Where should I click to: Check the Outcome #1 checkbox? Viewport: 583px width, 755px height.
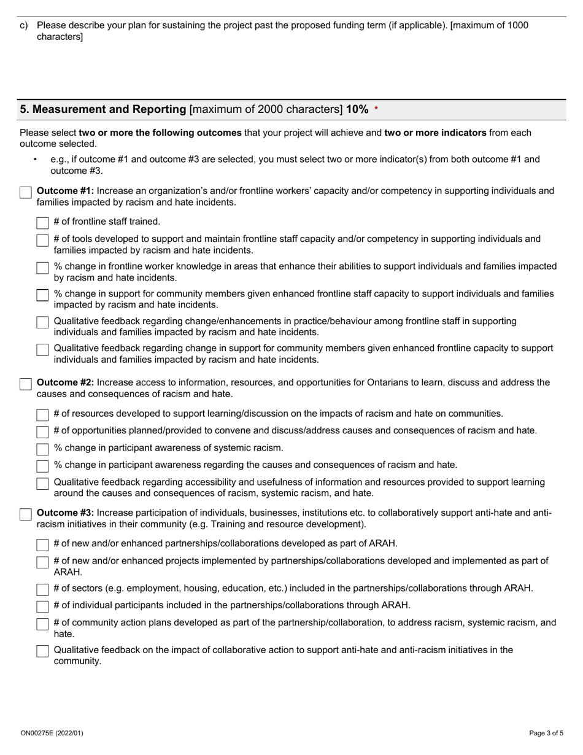pos(25,193)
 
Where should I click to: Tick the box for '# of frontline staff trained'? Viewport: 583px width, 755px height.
pos(42,222)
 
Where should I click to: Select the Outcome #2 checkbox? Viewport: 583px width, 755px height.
pos(25,384)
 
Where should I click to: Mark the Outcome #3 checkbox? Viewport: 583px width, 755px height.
pos(25,514)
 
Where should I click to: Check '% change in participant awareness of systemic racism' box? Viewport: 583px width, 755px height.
pos(42,449)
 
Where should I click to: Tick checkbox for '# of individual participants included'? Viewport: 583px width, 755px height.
pos(42,606)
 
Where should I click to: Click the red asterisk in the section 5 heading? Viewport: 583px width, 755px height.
pos(376,109)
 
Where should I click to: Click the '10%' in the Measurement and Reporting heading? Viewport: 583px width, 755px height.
pos(357,109)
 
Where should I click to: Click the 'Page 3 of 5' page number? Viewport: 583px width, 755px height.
pos(546,733)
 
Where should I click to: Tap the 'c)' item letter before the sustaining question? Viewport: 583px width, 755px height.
pos(24,26)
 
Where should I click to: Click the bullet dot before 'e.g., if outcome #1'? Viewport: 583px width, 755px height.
pos(36,160)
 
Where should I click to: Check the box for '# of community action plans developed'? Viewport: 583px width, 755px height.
pos(42,624)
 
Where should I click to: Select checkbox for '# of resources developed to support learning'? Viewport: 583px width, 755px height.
pos(42,415)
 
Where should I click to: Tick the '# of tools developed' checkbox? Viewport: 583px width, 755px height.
pos(42,240)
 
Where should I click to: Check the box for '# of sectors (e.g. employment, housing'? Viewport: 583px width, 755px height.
pos(42,589)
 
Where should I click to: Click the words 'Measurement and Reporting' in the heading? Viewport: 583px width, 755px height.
pos(103,109)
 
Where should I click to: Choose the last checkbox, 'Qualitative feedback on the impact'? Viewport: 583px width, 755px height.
pos(42,651)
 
